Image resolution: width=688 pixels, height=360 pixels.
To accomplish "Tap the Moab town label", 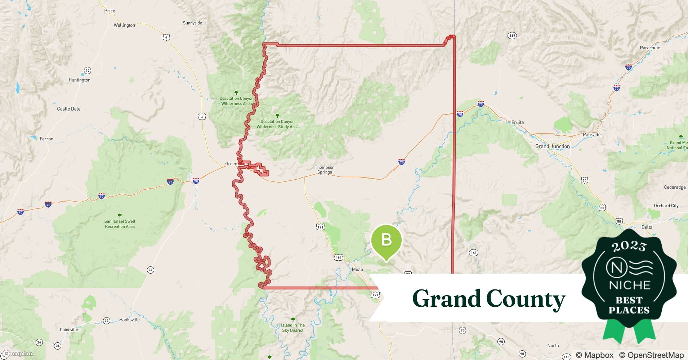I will click(357, 269).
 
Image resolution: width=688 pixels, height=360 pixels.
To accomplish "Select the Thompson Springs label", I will click(325, 170).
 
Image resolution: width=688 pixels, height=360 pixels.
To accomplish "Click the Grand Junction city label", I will click(552, 146).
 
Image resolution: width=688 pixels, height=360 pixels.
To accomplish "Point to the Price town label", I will click(110, 11).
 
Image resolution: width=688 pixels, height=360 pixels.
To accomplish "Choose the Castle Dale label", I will click(69, 109).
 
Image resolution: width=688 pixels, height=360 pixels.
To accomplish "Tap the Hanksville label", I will click(129, 320).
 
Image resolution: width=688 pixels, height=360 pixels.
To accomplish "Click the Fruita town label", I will click(517, 122).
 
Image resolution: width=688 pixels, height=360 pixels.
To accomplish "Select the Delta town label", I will click(647, 227).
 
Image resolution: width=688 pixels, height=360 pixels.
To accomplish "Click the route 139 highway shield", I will click(512, 35).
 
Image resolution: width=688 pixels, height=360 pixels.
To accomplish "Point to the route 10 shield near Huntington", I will click(87, 71).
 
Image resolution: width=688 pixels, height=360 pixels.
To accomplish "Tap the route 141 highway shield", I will click(473, 253).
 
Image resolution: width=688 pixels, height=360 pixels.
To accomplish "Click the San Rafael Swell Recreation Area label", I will click(120, 224).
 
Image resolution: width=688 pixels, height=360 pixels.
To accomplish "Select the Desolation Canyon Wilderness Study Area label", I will click(277, 124).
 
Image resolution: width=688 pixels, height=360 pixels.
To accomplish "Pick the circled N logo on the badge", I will click(614, 267).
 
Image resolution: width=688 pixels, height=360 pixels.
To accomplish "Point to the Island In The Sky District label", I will click(293, 328).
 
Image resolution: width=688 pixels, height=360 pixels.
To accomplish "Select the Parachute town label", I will click(650, 48).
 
